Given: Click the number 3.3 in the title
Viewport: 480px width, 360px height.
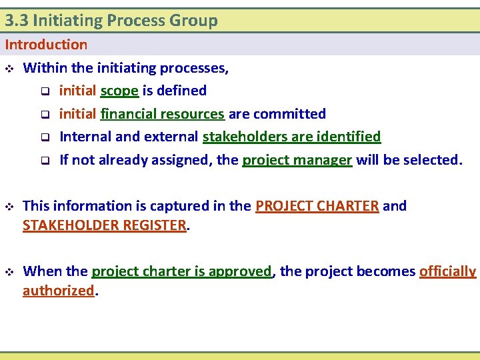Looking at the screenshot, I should [x=16, y=21].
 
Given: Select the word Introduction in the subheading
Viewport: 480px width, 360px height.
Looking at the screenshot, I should [x=46, y=45].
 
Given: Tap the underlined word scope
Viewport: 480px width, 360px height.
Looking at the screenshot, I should [x=119, y=91].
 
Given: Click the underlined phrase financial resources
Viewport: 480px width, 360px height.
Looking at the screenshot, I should [x=162, y=114].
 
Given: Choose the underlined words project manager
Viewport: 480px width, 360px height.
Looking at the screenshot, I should [x=297, y=160].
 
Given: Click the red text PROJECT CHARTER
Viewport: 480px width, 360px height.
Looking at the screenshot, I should [x=317, y=206].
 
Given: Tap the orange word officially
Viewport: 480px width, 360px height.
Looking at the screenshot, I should [x=447, y=271].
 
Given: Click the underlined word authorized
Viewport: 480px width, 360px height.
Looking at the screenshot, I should [x=59, y=291].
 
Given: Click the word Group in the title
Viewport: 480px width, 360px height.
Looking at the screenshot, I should [x=193, y=21].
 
